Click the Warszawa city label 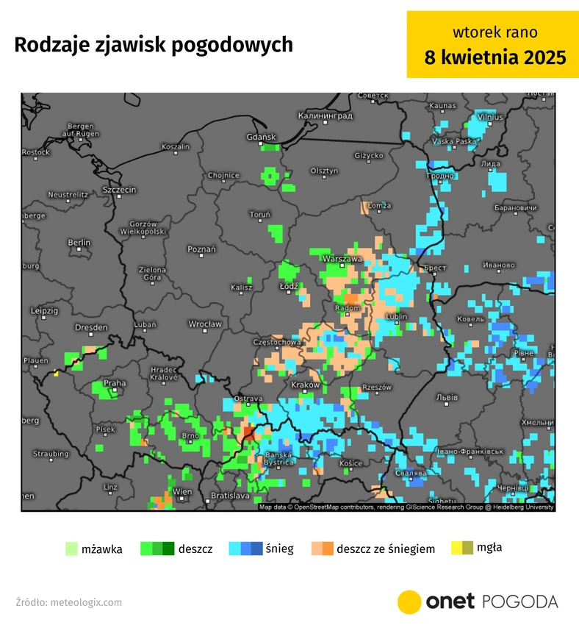[x=343, y=259]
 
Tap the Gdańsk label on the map [x=261, y=137]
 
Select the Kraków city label [x=305, y=385]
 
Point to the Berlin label [x=79, y=243]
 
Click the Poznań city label [x=202, y=249]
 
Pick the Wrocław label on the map [x=204, y=324]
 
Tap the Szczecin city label [x=119, y=190]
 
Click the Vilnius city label [x=489, y=117]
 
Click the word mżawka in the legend [x=102, y=549]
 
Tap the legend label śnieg [x=280, y=549]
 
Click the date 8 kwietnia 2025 [x=495, y=57]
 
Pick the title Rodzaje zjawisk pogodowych [x=154, y=45]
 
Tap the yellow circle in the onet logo [x=409, y=601]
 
